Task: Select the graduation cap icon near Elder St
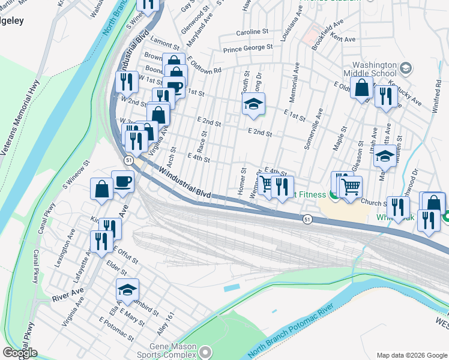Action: coord(127,290)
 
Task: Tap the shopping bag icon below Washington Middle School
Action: coord(362,88)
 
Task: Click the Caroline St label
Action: coord(251,31)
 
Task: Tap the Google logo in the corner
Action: coord(20,353)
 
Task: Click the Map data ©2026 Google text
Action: coord(411,355)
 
